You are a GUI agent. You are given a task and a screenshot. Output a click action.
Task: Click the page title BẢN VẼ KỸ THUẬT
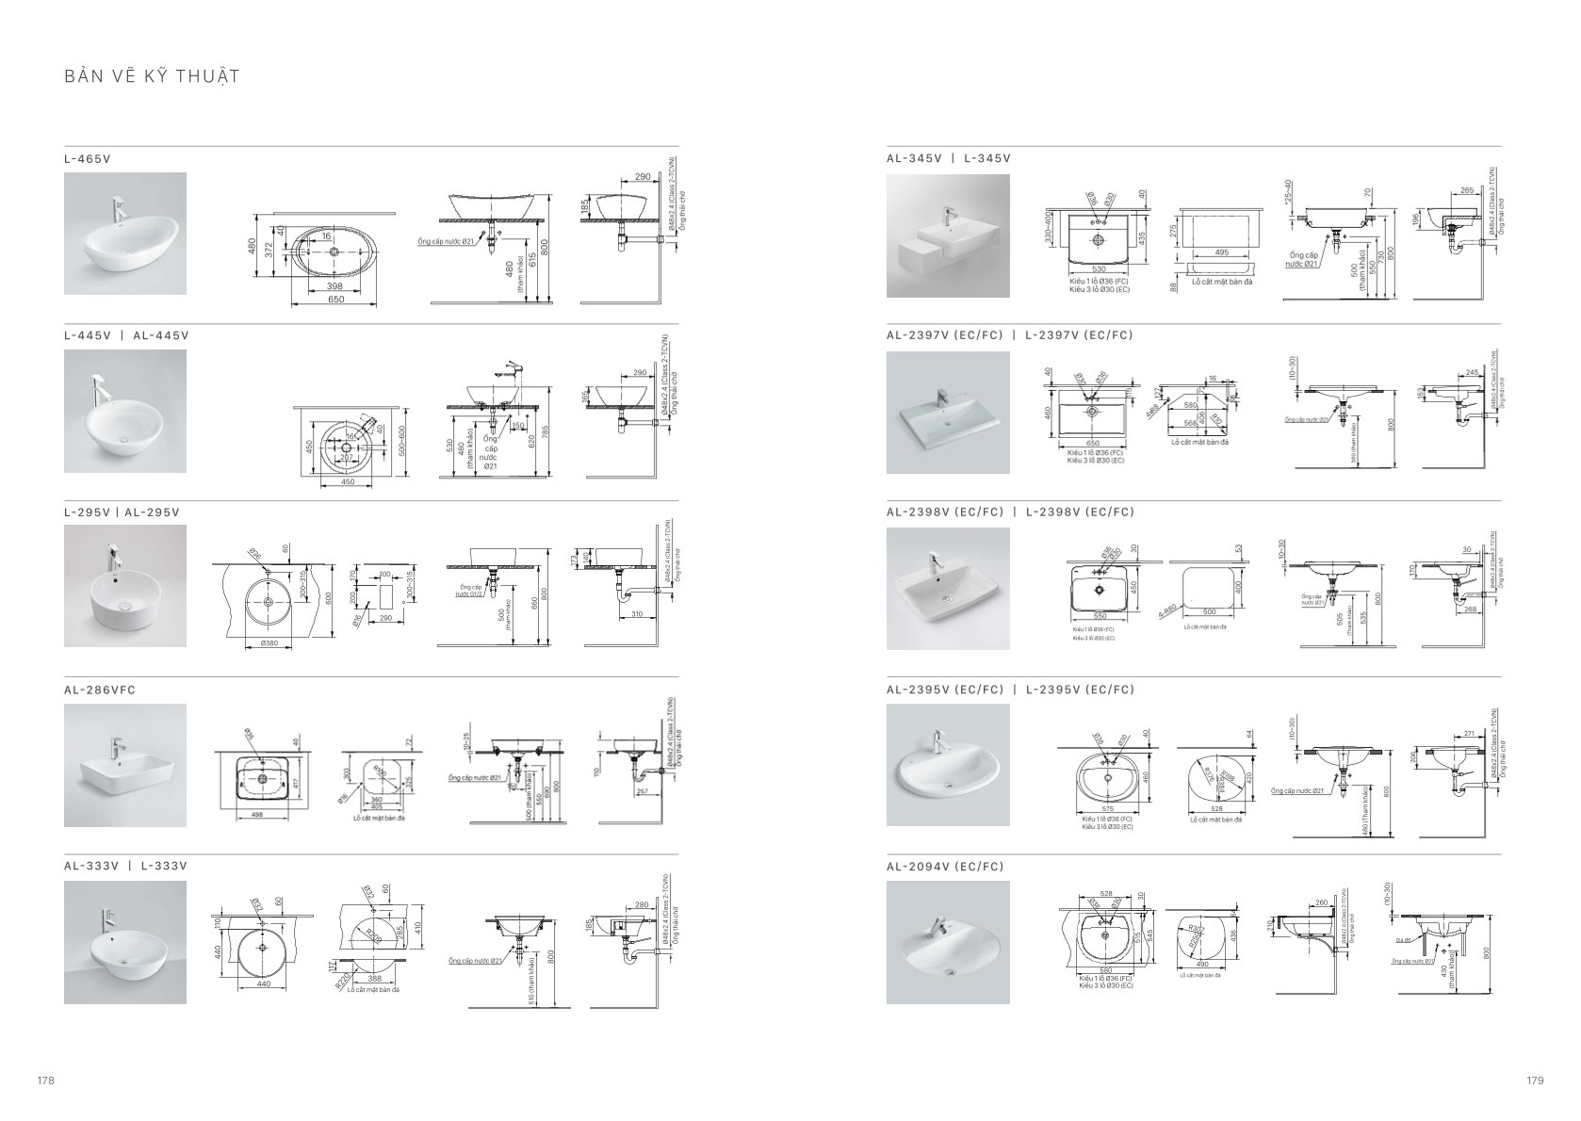(x=152, y=76)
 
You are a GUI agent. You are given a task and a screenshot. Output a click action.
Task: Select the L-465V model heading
(x=88, y=158)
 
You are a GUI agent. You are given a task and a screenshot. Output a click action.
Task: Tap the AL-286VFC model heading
(x=100, y=690)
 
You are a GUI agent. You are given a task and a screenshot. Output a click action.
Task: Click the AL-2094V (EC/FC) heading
(x=945, y=867)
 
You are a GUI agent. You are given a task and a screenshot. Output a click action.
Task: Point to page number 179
(x=1535, y=1080)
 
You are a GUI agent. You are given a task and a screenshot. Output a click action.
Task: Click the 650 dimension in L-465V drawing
(x=335, y=300)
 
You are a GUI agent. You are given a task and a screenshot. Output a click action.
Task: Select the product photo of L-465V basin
(x=125, y=234)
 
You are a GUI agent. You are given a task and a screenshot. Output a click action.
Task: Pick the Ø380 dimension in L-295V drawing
(x=267, y=644)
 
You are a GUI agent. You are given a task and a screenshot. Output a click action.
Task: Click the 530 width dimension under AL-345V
(x=1098, y=269)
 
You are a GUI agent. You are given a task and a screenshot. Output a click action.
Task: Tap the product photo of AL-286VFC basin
(x=125, y=765)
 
